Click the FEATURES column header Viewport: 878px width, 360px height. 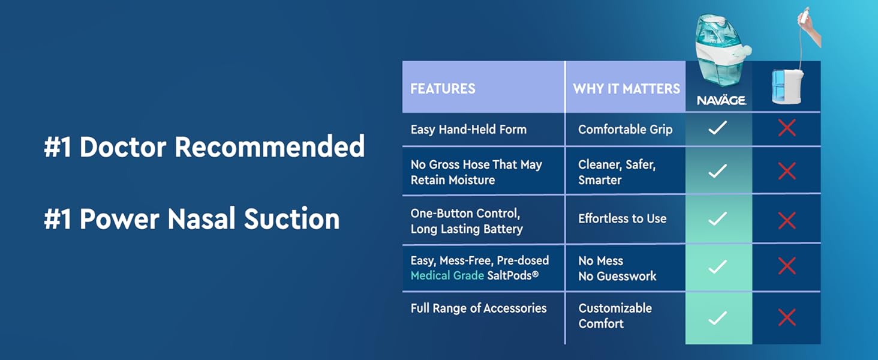[443, 89]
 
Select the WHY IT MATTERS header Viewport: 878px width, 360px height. [626, 89]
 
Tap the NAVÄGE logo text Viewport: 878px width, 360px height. [721, 100]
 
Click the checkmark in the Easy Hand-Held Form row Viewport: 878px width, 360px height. [718, 128]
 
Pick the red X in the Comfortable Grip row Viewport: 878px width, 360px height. [787, 128]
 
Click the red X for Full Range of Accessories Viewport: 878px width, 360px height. [787, 317]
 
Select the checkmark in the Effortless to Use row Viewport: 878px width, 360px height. [718, 218]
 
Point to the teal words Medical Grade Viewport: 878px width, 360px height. [447, 275]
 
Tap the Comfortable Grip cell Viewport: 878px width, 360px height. [625, 130]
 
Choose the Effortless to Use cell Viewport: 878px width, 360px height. [622, 218]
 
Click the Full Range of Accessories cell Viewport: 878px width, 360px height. [478, 308]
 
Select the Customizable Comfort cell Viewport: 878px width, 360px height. [615, 316]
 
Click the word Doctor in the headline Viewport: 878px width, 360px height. [123, 146]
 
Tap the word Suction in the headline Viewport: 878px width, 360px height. [291, 218]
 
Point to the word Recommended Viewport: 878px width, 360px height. [270, 146]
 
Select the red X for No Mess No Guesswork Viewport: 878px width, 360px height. [787, 266]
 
